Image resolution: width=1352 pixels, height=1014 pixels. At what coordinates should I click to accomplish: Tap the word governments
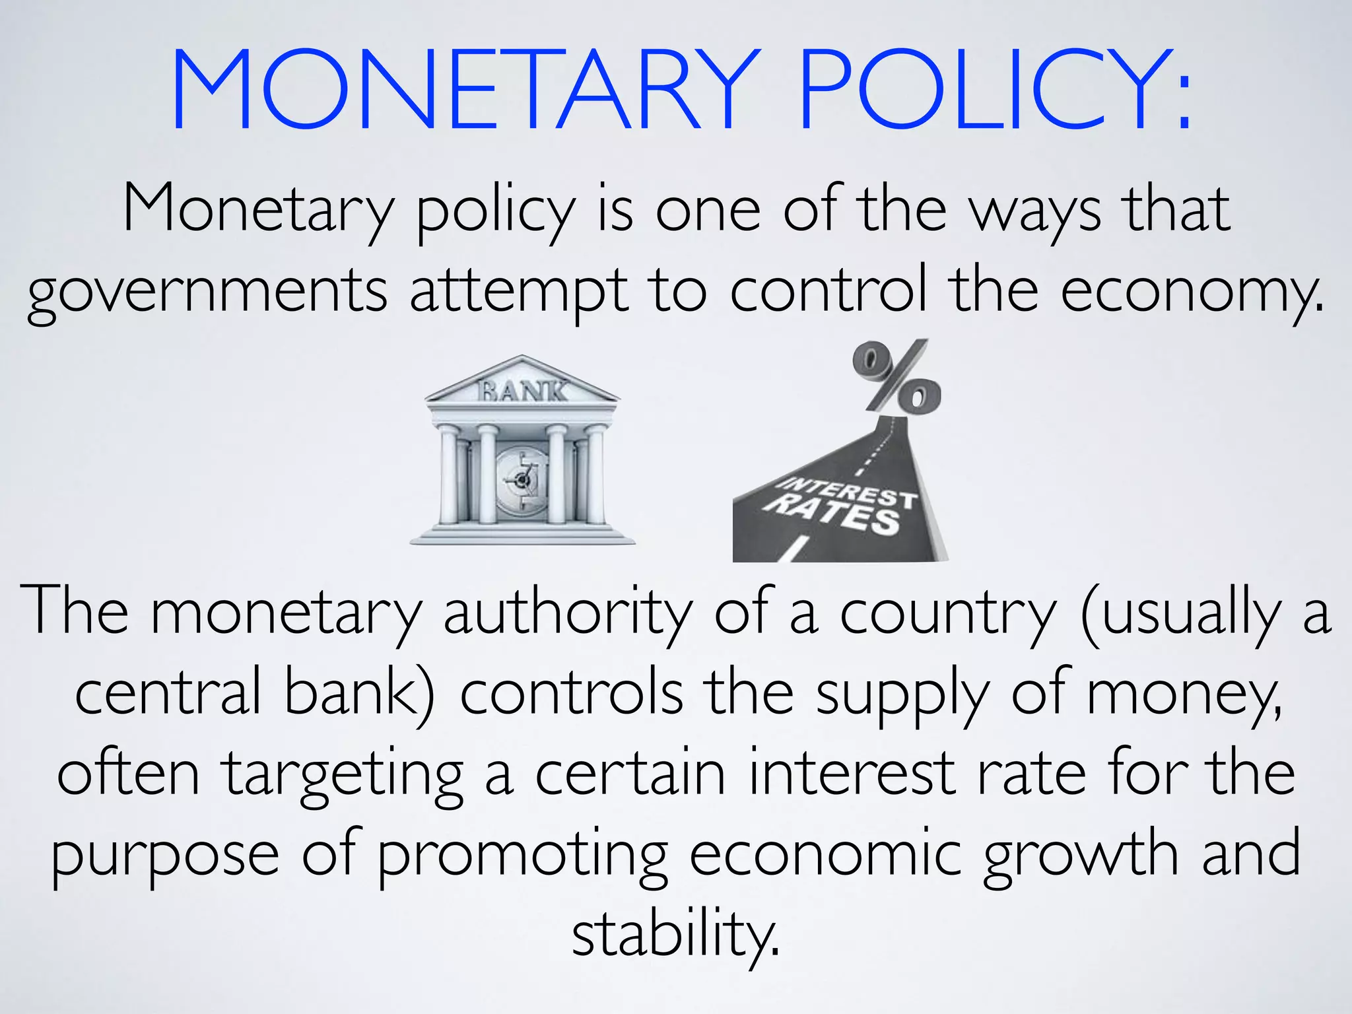(207, 292)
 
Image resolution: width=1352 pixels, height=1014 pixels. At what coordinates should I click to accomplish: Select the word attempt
(519, 292)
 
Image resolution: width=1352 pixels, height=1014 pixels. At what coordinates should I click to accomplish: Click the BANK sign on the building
(522, 391)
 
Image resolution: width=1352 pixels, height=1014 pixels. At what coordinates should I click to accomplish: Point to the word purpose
(165, 856)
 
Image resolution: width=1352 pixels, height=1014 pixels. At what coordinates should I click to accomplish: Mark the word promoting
(522, 856)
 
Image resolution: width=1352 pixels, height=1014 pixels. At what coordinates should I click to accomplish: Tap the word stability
(675, 935)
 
